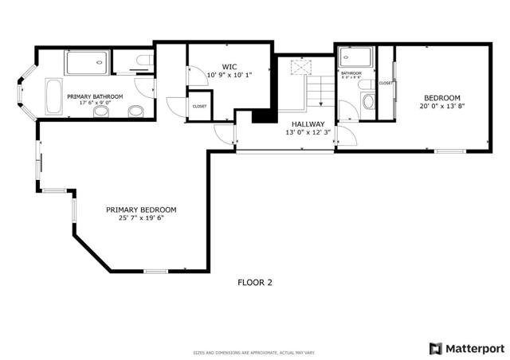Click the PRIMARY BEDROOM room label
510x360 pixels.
[141, 209]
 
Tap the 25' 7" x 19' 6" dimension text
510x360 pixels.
[141, 218]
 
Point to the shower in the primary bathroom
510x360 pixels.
[87, 61]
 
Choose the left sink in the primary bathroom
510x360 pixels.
[101, 112]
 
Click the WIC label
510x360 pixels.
[229, 67]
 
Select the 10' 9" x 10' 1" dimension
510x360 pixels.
[229, 76]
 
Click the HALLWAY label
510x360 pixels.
[307, 124]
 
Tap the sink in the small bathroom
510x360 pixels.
[367, 100]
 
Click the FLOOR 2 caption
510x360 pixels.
[255, 282]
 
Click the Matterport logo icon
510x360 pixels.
[435, 348]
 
